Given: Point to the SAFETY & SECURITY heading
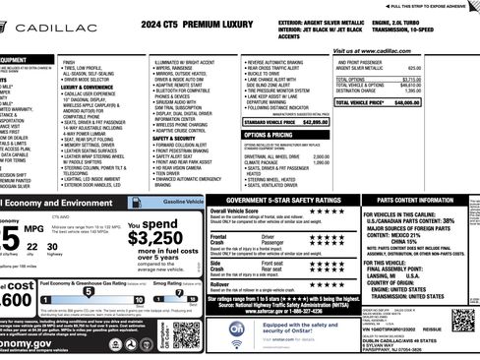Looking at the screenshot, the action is [176, 140].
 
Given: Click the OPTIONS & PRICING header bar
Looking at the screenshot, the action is [269, 135].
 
